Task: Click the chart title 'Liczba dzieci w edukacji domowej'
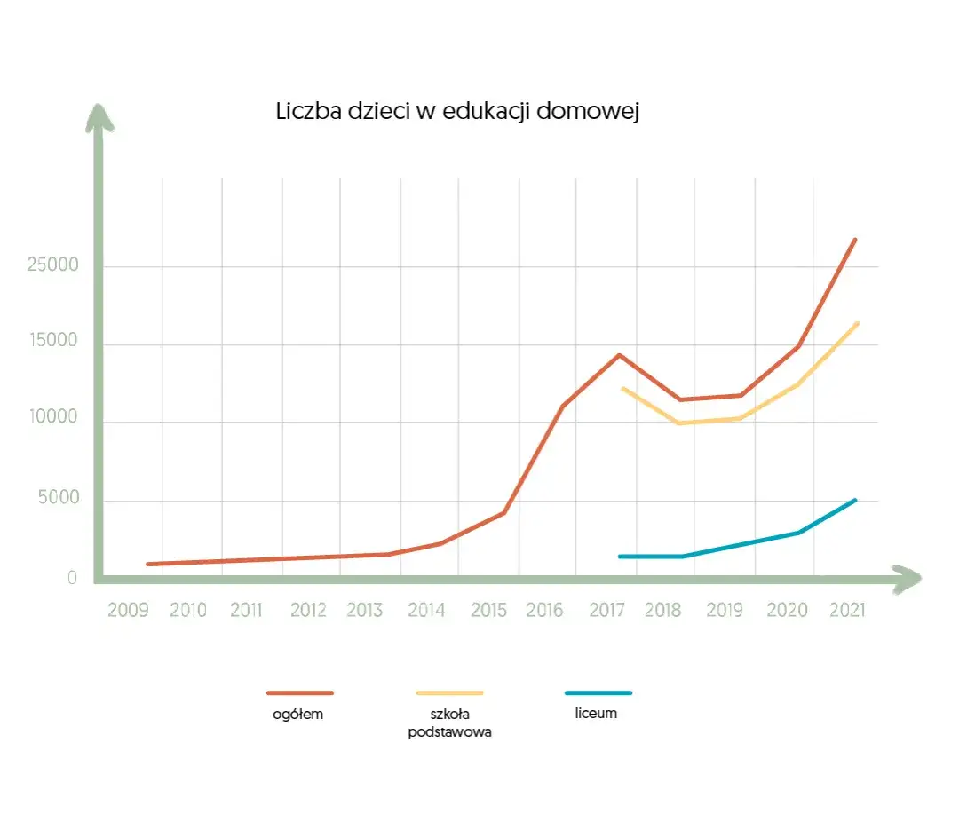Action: point(457,113)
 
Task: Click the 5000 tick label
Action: point(58,499)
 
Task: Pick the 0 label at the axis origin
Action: point(73,578)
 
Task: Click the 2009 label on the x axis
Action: point(128,611)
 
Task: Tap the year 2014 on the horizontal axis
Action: point(426,611)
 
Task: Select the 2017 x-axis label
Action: point(606,611)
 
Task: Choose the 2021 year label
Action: point(845,611)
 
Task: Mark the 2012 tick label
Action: point(308,611)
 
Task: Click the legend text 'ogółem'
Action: point(298,714)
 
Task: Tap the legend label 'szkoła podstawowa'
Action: point(449,723)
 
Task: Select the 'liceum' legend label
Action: point(596,713)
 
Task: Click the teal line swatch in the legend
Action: point(598,692)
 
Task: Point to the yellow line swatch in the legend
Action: point(449,692)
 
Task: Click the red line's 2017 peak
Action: point(619,355)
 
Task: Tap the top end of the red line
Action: point(854,240)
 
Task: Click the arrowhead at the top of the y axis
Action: point(99,118)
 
